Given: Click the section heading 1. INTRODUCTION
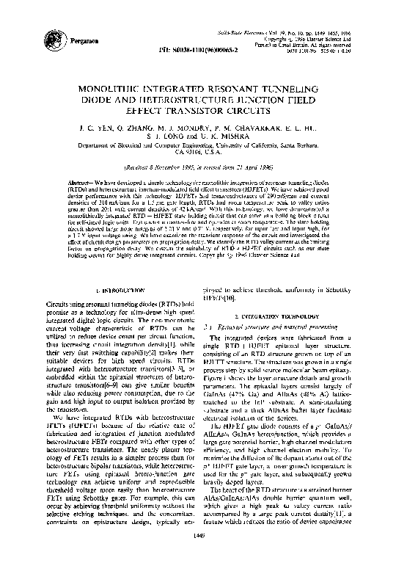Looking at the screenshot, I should coord(109,291).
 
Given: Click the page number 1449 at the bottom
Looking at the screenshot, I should coord(199,558).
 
